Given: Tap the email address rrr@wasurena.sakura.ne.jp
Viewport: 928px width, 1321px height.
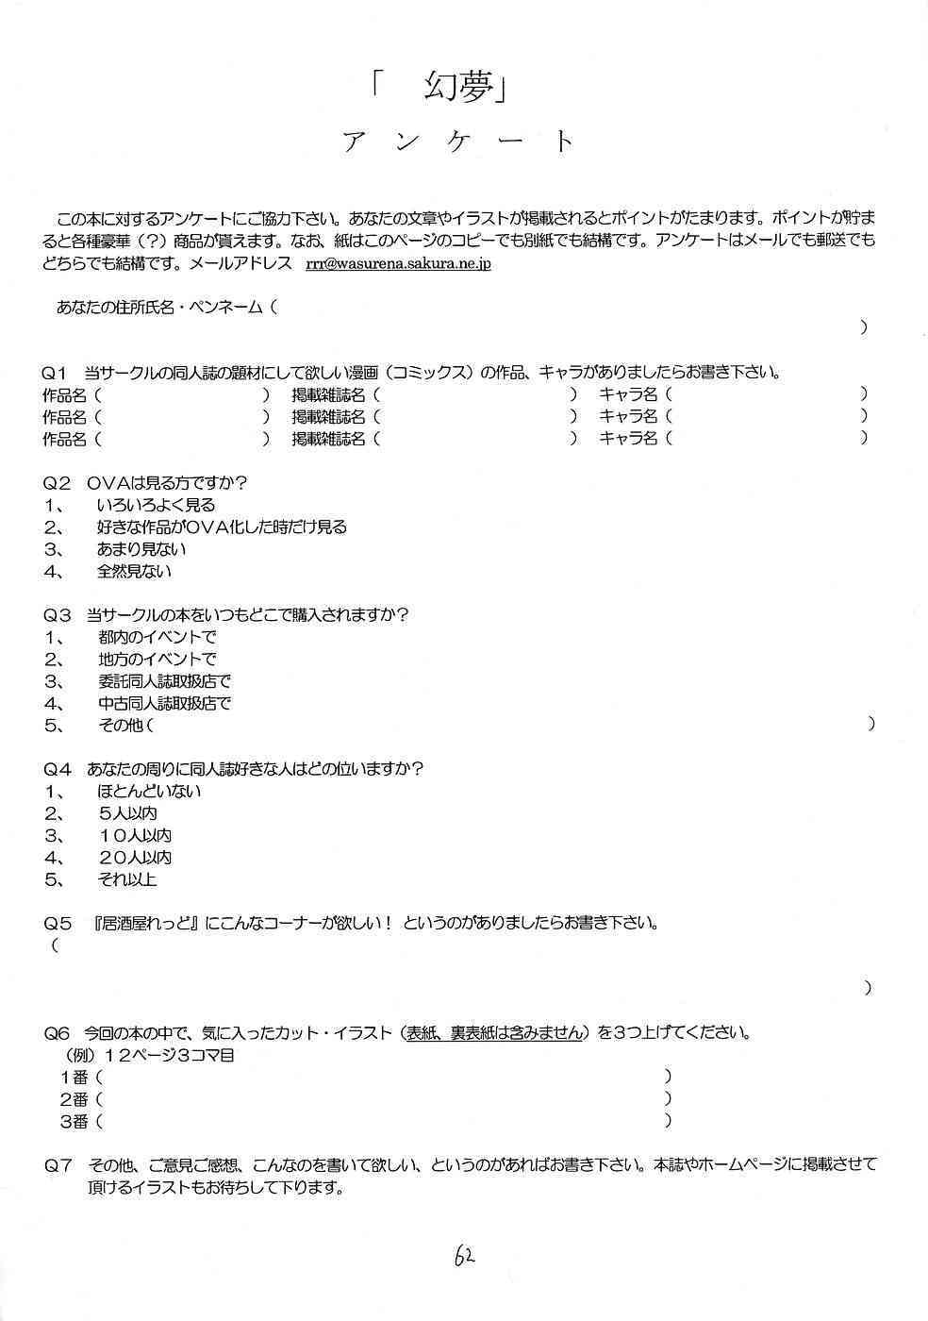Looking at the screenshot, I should pos(397,263).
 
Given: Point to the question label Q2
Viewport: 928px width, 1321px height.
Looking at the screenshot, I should pos(57,483).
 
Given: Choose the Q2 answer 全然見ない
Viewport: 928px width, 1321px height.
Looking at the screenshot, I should pos(134,572).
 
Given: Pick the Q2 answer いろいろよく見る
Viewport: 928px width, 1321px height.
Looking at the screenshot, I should pos(156,506).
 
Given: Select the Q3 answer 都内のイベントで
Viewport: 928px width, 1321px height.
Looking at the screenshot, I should pos(157,638).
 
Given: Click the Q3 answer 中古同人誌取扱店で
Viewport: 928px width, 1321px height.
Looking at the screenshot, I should pos(164,704).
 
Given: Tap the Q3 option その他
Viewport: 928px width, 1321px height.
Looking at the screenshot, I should pos(122,726).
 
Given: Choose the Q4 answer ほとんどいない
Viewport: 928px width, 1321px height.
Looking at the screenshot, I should pos(149,792).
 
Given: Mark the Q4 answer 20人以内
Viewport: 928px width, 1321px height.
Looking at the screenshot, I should pos(135,858).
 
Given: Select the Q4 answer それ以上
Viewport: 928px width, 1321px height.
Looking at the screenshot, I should pos(126,880).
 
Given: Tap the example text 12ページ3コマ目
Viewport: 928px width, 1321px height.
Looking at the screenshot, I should pos(170,1055).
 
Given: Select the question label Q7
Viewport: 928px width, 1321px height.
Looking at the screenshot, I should pos(58,1165).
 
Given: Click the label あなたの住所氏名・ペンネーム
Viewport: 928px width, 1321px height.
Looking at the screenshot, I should pos(159,307).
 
